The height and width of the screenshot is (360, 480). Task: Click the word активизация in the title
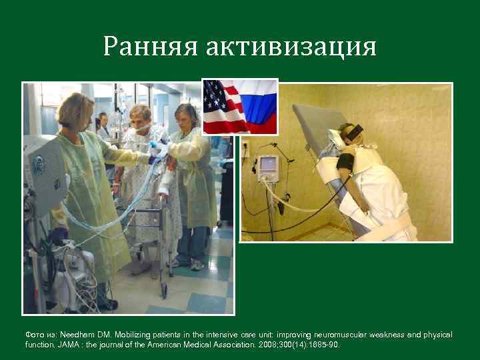coord(291,47)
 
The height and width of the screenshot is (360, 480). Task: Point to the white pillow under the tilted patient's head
coord(333,138)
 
